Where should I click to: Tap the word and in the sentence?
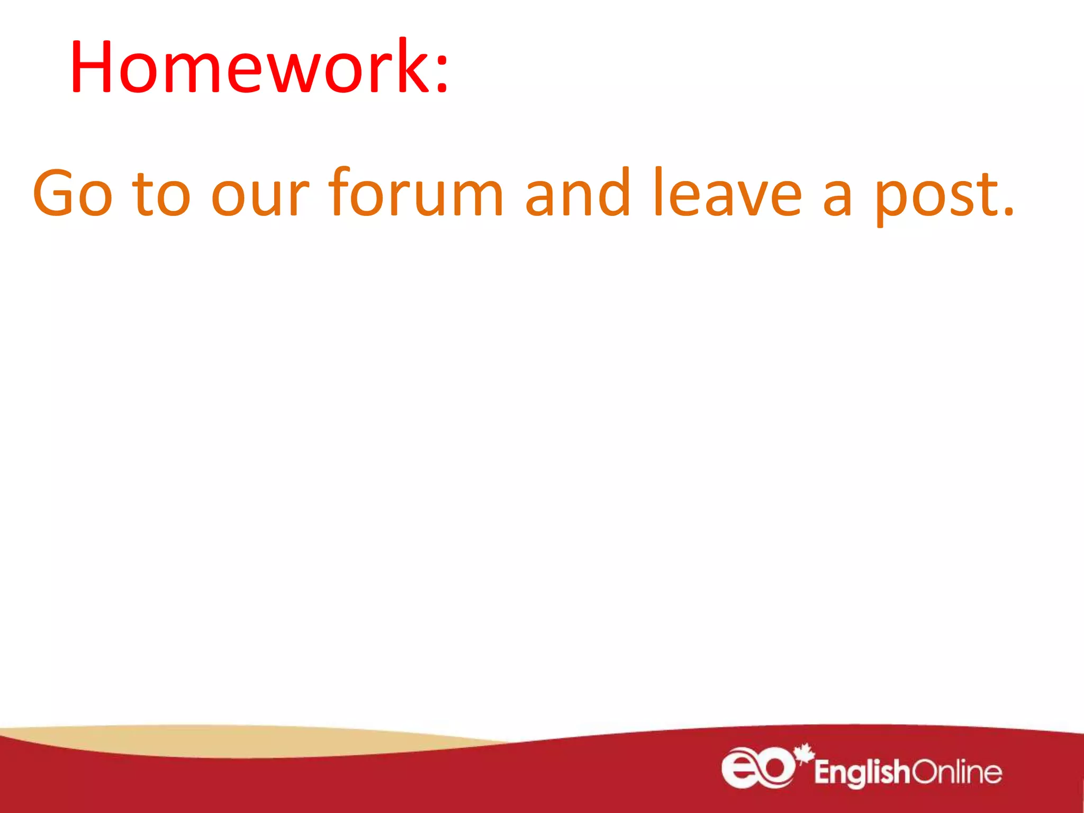[x=577, y=193]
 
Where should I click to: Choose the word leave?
[x=728, y=193]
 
